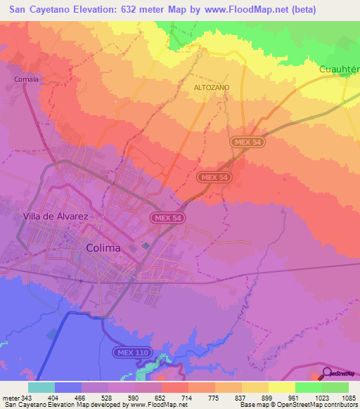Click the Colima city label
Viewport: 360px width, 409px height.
[x=103, y=248]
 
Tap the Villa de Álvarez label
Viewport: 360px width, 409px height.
[x=56, y=216]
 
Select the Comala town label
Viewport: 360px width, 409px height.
[x=25, y=79]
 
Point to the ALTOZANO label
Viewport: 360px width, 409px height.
[x=211, y=88]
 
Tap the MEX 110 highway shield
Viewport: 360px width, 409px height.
[x=131, y=351]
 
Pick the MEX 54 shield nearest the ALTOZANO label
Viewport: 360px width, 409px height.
[x=247, y=142]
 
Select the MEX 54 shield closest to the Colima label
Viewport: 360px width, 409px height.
[x=167, y=219]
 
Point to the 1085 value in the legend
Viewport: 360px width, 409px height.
[x=349, y=397]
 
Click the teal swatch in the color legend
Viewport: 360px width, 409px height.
[x=41, y=387]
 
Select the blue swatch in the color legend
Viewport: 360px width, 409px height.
[x=68, y=387]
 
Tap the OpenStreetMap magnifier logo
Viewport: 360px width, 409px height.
[x=327, y=373]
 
